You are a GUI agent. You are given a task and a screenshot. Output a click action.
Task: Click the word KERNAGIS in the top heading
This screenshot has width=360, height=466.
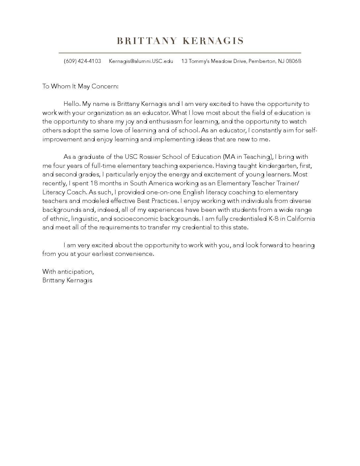pyautogui.click(x=213, y=41)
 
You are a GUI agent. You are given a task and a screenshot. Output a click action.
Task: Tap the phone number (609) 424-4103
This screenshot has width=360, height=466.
pyautogui.click(x=82, y=61)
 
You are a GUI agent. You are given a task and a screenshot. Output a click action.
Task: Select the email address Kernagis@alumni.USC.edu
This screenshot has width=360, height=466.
pyautogui.click(x=141, y=61)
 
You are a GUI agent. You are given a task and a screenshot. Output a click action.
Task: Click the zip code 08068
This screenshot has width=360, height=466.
pyautogui.click(x=293, y=61)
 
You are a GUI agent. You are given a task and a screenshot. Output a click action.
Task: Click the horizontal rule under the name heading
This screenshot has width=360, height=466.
pyautogui.click(x=180, y=53)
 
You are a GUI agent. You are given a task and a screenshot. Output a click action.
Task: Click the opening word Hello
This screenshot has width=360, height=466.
pyautogui.click(x=71, y=104)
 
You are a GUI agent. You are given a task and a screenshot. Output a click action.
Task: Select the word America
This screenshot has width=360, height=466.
pyautogui.click(x=160, y=183)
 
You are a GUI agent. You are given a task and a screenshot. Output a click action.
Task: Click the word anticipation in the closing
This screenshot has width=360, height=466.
pyautogui.click(x=75, y=272)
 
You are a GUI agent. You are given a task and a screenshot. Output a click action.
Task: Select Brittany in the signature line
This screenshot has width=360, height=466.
pyautogui.click(x=53, y=280)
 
